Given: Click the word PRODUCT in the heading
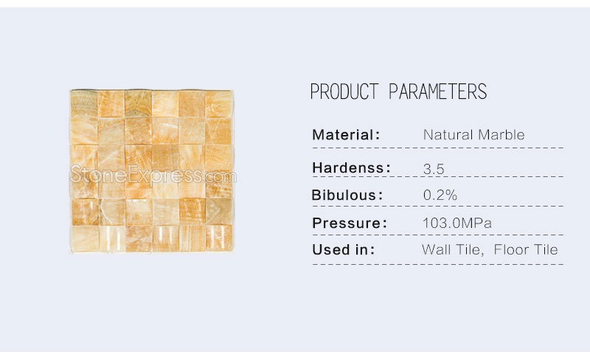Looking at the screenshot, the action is [344, 91].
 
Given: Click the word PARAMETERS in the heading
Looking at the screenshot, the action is [437, 91].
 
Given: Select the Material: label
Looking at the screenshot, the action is [346, 135].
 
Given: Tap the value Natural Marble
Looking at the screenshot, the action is [473, 135].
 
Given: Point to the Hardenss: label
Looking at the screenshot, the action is [352, 168].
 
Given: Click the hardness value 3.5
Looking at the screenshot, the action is [434, 169].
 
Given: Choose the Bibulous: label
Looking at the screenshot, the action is [347, 195].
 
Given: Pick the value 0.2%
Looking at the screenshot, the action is [440, 195].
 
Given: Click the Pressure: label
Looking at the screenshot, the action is [350, 223].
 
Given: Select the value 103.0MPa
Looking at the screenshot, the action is [457, 223].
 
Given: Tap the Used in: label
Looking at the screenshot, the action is [343, 249].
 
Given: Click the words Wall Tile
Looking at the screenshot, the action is [452, 249].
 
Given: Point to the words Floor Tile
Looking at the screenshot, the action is [526, 249].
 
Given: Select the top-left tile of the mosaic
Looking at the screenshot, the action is [84, 104].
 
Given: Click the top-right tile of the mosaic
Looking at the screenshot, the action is [219, 104].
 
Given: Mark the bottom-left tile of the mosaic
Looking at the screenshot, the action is [85, 239].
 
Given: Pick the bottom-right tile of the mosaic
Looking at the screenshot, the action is [219, 238].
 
